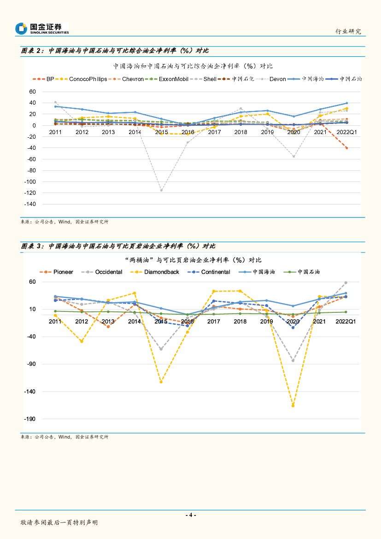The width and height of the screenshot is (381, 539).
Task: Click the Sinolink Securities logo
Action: [x=42, y=29]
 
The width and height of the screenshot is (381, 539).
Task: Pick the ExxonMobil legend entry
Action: [x=173, y=79]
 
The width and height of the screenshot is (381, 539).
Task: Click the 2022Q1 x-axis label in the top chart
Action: [x=346, y=133]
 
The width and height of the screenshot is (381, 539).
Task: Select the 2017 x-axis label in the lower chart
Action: [x=213, y=322]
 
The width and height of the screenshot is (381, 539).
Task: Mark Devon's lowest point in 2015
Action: [x=161, y=190]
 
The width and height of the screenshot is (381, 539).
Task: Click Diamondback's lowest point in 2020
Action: [x=293, y=406]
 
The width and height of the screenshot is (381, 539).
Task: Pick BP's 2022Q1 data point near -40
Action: [x=346, y=148]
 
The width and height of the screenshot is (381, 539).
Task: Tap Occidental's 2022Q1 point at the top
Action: [x=346, y=283]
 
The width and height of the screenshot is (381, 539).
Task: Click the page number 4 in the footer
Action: [x=190, y=515]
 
